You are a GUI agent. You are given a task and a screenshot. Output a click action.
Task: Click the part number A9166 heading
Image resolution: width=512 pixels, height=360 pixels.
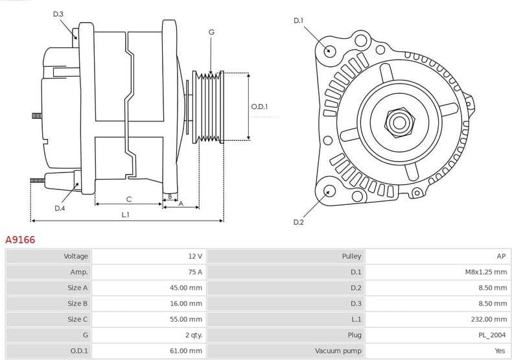pos(20,240)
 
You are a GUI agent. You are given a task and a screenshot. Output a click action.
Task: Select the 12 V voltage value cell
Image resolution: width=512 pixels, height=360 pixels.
pos(194,256)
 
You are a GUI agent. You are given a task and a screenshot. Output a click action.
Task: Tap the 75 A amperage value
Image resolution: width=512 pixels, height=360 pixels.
pos(194,272)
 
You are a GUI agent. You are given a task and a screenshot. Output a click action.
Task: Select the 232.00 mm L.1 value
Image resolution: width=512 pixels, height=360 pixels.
pos(489,319)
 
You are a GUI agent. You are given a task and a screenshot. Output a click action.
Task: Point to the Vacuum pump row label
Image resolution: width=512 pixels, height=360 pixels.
pos(338,350)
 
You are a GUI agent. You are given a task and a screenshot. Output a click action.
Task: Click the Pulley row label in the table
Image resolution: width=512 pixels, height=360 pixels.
pos(351,256)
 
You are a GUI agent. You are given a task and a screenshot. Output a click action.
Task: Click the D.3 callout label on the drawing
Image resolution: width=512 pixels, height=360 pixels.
pos(58,14)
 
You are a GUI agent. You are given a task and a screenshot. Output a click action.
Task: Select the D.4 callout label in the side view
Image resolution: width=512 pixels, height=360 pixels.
pos(60,208)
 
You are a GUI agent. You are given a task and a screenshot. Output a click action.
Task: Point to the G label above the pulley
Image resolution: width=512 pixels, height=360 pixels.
pos(211,32)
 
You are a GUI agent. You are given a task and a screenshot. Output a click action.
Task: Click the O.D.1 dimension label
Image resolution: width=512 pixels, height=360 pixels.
pos(259,107)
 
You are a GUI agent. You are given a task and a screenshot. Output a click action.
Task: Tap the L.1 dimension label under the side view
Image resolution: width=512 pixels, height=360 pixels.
pos(125,215)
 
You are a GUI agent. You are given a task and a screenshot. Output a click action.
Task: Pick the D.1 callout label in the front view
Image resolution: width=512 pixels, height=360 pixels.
pos(298,21)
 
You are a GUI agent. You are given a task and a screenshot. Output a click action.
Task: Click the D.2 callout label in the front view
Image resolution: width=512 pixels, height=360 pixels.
pos(298,222)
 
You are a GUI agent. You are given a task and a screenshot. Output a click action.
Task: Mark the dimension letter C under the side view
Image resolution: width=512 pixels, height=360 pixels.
pos(128,198)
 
